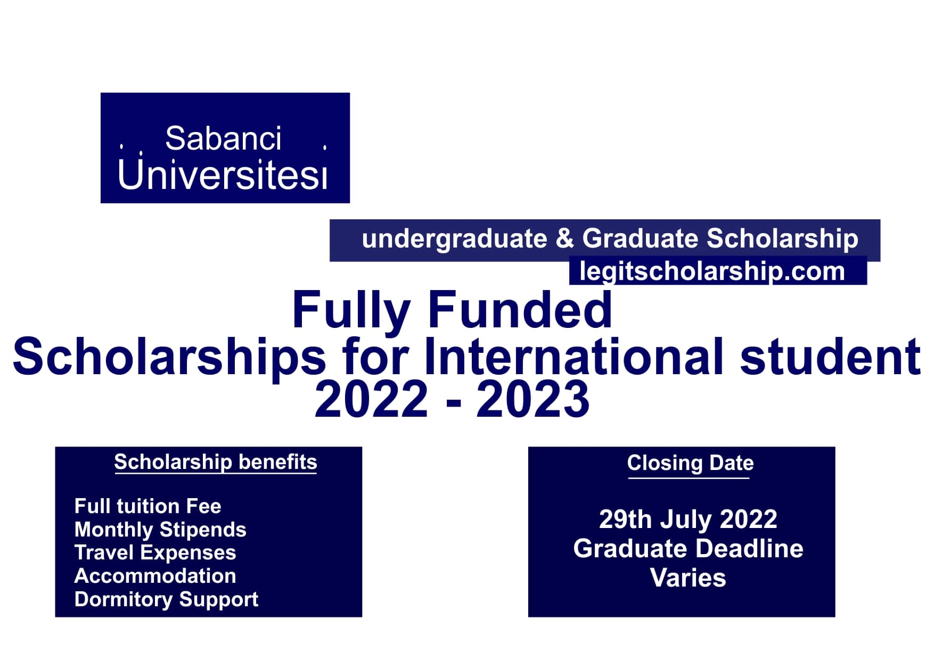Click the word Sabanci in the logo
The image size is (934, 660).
223,139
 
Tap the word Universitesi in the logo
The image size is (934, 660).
222,175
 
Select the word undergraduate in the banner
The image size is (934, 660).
454,238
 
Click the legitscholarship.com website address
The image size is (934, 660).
712,271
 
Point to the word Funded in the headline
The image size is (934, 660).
520,310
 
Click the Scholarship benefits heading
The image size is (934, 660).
215,463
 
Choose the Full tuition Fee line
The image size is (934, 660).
148,506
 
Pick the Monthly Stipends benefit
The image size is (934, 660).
160,530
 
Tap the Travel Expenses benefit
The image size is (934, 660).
155,552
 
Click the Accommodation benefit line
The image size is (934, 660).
155,576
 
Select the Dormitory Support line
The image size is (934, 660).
166,599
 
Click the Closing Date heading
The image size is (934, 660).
690,463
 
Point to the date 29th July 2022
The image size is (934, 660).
688,519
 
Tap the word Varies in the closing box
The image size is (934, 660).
688,578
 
